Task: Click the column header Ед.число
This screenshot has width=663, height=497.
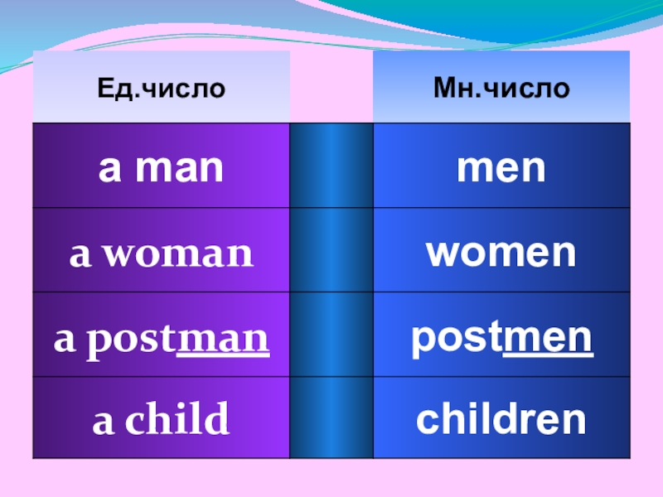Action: click(x=161, y=87)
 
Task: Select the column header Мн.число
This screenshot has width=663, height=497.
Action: click(x=501, y=87)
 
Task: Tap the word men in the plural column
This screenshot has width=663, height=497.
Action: click(x=501, y=168)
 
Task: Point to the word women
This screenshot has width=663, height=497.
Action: click(x=501, y=253)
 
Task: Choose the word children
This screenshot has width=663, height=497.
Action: click(x=501, y=421)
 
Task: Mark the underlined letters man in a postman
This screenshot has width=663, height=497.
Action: click(x=224, y=340)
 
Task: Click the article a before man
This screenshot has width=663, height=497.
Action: click(x=108, y=169)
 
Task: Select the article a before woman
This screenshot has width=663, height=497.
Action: click(x=79, y=254)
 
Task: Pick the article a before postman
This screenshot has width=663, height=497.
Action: click(x=63, y=340)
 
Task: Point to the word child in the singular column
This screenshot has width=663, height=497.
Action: click(x=176, y=421)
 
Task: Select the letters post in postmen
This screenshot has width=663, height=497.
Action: click(x=457, y=339)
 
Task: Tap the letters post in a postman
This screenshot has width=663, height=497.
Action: click(x=130, y=340)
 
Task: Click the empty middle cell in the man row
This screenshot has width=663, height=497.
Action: click(x=331, y=165)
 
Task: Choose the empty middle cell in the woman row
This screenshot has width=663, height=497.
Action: click(x=331, y=249)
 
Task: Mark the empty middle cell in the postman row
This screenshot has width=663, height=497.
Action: click(x=331, y=334)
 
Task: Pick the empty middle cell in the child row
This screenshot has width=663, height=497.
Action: click(x=331, y=417)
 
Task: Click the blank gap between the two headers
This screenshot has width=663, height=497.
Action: click(x=331, y=87)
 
